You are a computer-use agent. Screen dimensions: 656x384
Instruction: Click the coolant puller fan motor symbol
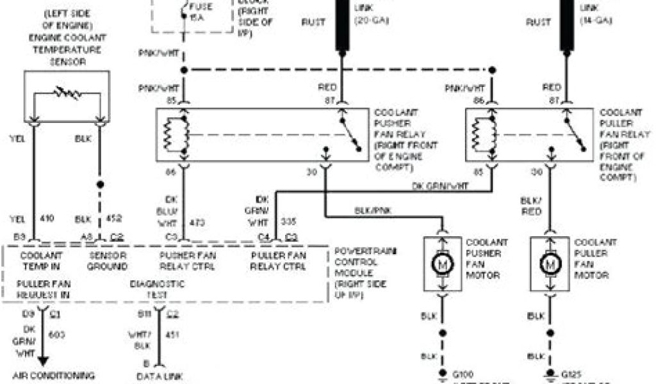pyautogui.click(x=549, y=264)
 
